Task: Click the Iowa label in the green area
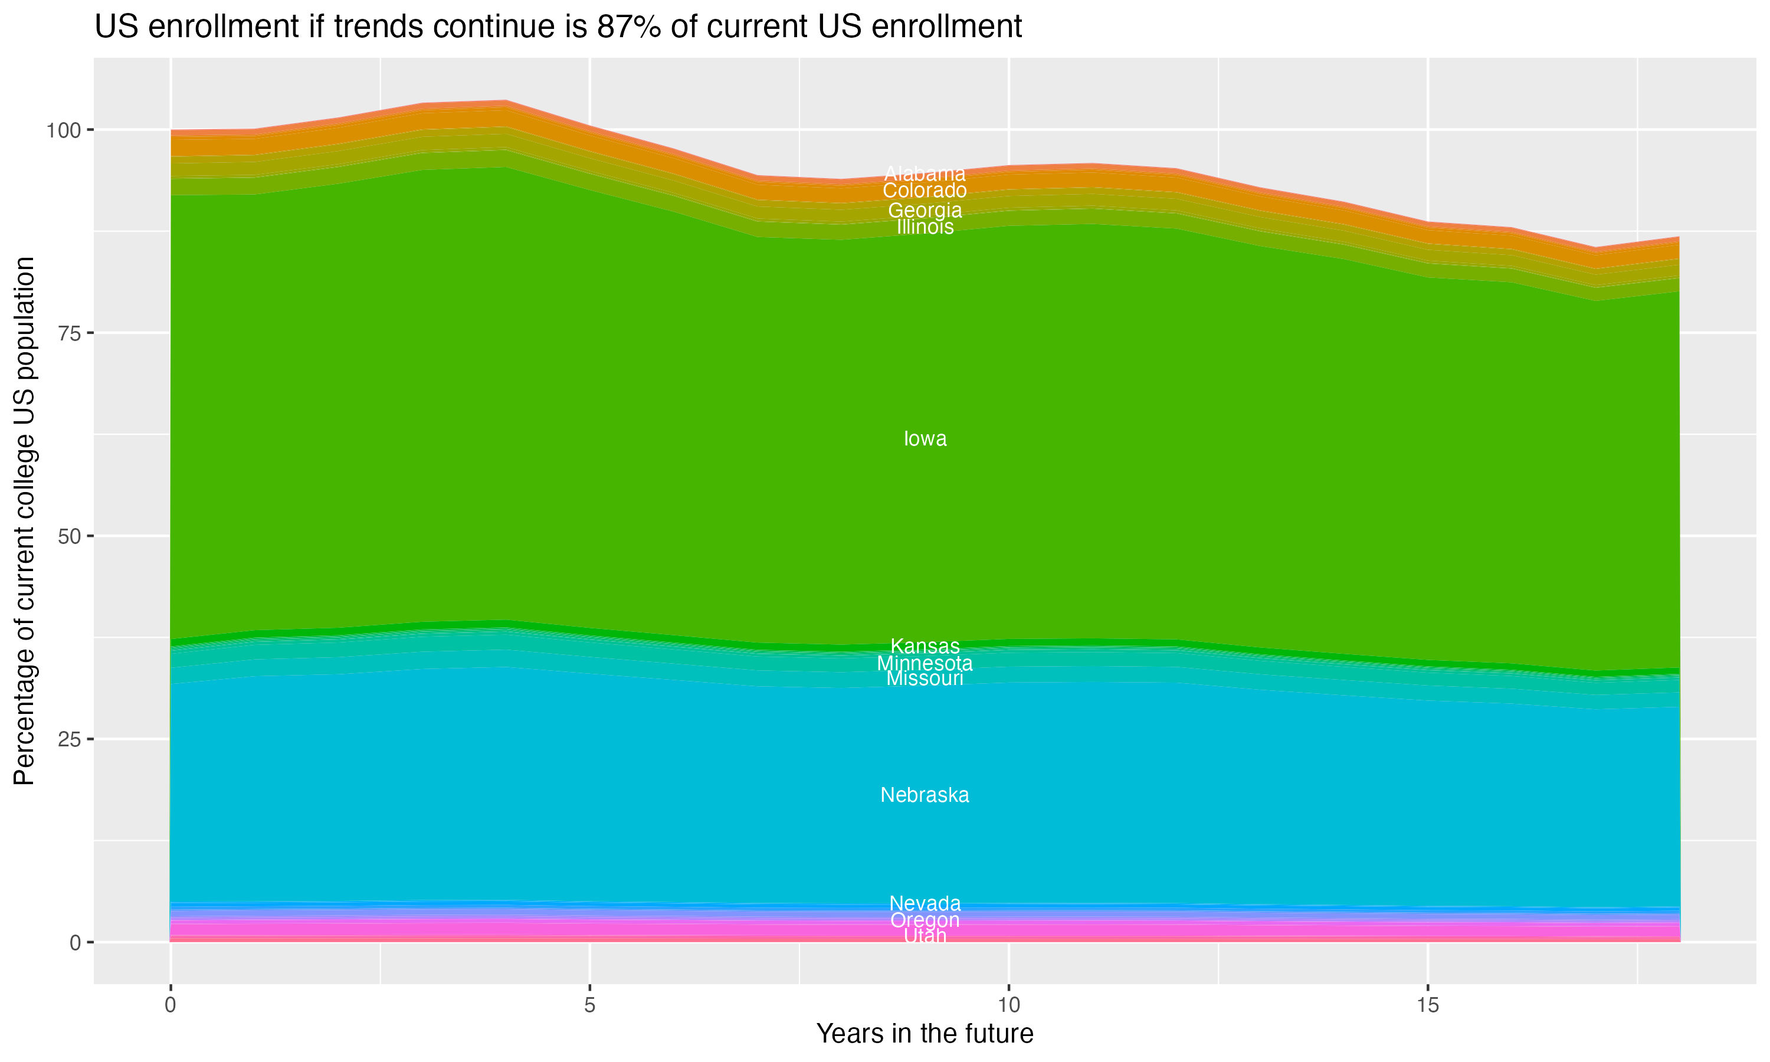click(x=925, y=439)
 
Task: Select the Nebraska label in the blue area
click(x=925, y=795)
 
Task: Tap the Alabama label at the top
click(x=925, y=174)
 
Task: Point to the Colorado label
click(x=925, y=191)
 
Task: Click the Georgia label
click(x=925, y=211)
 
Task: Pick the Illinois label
click(x=925, y=227)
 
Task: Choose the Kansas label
click(x=925, y=646)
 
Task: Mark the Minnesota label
click(x=925, y=663)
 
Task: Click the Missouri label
click(x=925, y=678)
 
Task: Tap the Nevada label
click(x=925, y=903)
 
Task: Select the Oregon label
click(x=925, y=920)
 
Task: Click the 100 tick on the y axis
click(x=64, y=130)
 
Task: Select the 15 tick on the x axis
click(x=1427, y=1005)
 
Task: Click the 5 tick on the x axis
click(x=589, y=1005)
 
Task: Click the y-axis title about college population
click(x=24, y=520)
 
